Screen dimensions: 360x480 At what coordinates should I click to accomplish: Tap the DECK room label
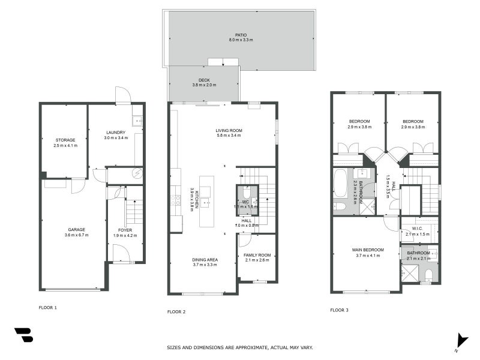click(x=204, y=80)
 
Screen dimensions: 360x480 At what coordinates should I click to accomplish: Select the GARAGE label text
click(x=76, y=229)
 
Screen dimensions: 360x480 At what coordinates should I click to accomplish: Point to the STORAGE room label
click(x=65, y=140)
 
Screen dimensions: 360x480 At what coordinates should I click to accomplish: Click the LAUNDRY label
click(x=115, y=133)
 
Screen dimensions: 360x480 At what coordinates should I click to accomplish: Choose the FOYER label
click(x=125, y=230)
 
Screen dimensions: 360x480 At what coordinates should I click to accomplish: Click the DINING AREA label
click(x=205, y=260)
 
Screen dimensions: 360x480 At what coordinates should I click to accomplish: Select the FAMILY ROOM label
click(x=257, y=255)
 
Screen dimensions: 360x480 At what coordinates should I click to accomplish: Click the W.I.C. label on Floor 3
click(x=418, y=228)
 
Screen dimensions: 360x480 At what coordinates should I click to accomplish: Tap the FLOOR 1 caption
click(x=47, y=307)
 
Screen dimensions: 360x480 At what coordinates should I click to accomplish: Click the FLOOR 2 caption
click(x=176, y=312)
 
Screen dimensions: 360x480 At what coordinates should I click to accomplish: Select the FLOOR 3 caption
click(x=339, y=310)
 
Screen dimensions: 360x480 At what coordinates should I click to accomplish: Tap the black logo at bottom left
click(x=23, y=335)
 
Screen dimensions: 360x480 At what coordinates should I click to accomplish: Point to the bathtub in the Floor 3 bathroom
click(x=339, y=183)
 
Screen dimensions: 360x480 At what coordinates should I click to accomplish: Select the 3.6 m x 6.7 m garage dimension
click(x=76, y=235)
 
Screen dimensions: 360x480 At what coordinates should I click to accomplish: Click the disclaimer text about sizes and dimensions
click(x=239, y=347)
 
